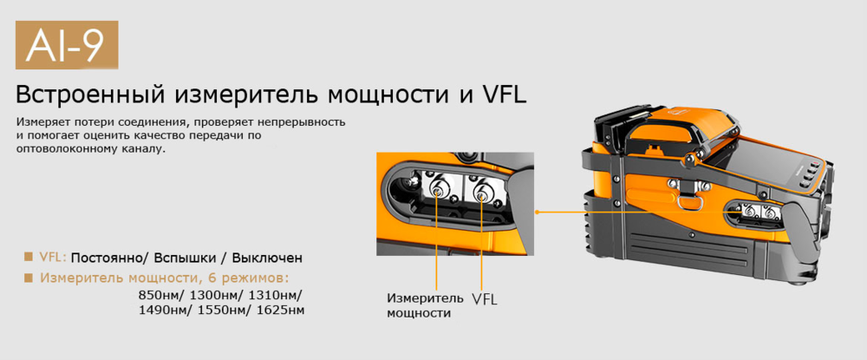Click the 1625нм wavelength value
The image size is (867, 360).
[279, 310]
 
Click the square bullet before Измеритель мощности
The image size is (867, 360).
[29, 278]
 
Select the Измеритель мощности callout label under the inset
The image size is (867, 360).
[420, 305]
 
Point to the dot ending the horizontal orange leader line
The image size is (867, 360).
[538, 211]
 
